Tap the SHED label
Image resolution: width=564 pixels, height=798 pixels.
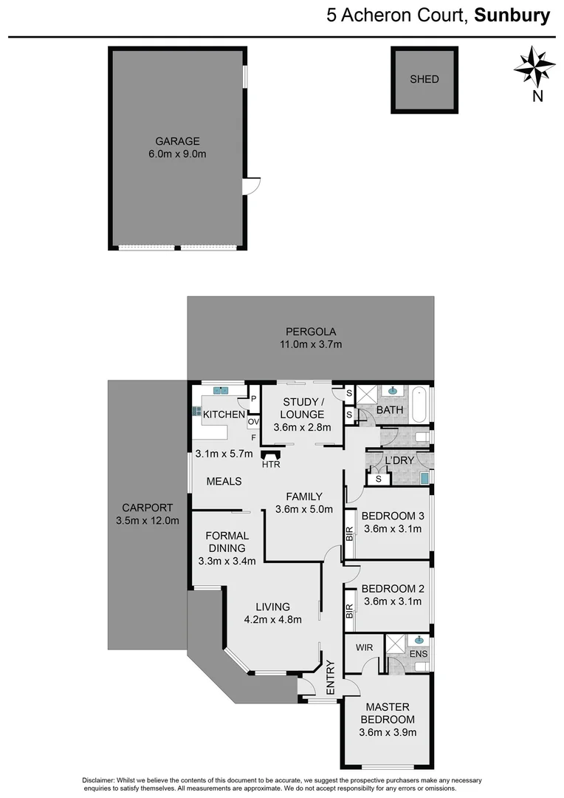(x=424, y=79)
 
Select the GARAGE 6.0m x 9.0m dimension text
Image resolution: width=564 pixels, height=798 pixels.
(x=177, y=155)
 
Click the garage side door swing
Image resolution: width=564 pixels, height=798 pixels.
(x=253, y=185)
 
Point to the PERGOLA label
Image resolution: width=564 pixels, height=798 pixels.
(x=310, y=331)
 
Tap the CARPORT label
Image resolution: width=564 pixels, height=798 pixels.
(x=148, y=508)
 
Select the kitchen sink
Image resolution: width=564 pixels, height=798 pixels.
(x=221, y=390)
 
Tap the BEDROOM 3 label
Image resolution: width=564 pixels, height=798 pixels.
(x=393, y=516)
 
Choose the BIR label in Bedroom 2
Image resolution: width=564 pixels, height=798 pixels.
(x=350, y=611)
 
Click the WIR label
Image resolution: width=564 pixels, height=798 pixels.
(x=365, y=647)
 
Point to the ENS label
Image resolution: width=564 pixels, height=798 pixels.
(x=418, y=653)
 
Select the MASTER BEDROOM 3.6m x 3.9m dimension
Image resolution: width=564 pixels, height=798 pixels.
(x=388, y=733)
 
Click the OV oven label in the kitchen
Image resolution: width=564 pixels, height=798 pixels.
(x=252, y=422)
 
